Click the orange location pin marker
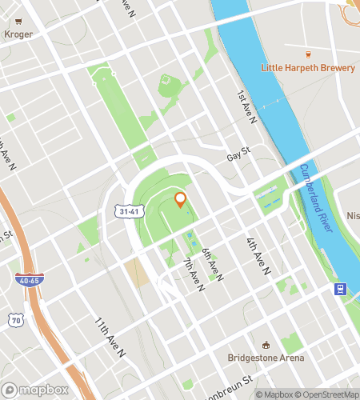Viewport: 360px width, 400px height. (x=181, y=199)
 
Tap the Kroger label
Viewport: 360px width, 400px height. (x=18, y=34)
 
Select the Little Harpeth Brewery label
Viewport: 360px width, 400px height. (x=308, y=68)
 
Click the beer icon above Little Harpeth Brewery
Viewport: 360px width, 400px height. (x=308, y=55)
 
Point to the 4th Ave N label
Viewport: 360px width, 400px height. (x=256, y=254)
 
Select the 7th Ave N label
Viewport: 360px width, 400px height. (x=194, y=274)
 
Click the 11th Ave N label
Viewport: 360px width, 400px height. (x=110, y=337)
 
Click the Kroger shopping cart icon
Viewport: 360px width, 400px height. (x=18, y=22)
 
